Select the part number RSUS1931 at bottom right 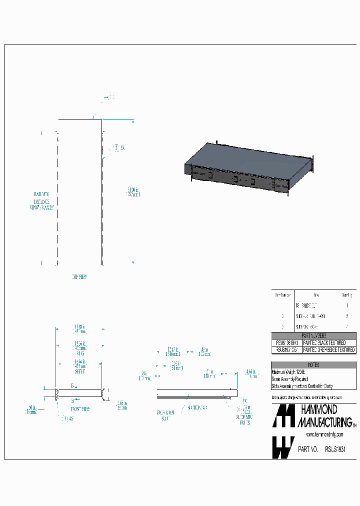(335, 449)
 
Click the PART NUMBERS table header (313, 335)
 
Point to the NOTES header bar (313, 365)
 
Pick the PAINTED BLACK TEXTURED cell (324, 342)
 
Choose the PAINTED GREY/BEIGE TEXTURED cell (329, 350)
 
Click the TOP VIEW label (79, 276)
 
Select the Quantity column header (346, 295)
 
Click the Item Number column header (282, 295)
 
